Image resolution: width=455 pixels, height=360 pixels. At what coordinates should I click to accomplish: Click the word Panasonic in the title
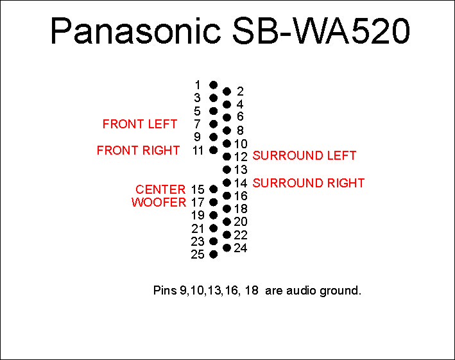tap(136, 31)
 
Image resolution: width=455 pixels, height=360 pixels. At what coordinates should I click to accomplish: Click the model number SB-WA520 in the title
tap(322, 31)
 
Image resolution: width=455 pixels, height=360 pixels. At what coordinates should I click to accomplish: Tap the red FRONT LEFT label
tap(139, 124)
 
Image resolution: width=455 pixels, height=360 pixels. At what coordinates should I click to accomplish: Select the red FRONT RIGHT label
tap(138, 150)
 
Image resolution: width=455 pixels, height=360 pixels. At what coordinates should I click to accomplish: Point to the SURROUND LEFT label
tap(304, 155)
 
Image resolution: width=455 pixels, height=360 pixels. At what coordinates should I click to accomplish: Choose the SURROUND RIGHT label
tap(309, 183)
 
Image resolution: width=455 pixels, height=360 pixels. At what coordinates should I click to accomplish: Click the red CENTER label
tap(160, 189)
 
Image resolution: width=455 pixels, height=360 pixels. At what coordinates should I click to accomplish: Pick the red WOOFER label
tap(159, 202)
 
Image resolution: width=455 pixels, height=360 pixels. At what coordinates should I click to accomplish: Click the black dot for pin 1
tap(213, 85)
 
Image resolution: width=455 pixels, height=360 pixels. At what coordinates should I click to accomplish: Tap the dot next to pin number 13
tap(227, 169)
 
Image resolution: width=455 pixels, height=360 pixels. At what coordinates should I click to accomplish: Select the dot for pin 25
tap(213, 254)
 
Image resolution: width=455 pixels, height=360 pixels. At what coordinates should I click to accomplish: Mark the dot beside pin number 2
tap(227, 92)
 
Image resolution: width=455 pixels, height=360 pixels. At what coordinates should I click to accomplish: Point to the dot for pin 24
tap(227, 248)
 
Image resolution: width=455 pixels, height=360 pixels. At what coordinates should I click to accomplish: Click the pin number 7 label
tap(197, 124)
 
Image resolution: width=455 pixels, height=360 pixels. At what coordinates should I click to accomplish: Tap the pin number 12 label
tap(241, 157)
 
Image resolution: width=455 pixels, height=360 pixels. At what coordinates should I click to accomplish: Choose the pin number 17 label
tap(198, 202)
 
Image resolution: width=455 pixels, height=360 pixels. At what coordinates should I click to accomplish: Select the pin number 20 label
tap(241, 221)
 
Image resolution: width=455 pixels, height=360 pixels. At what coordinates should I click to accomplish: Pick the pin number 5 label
tap(197, 111)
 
